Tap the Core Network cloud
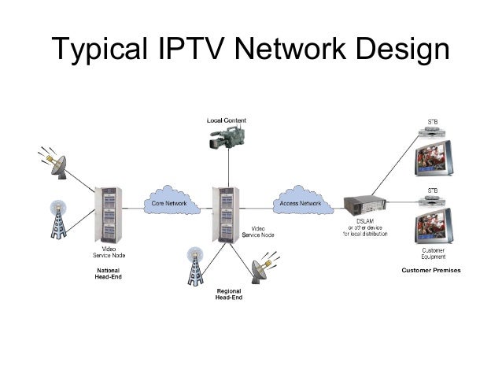[167, 203]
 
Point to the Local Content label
[227, 120]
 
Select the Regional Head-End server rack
[227, 213]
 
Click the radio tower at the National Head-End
[57, 218]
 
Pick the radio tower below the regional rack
[194, 267]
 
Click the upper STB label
[432, 120]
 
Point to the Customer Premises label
[431, 271]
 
